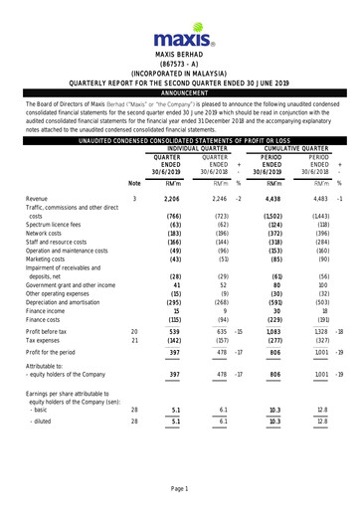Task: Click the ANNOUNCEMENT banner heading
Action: click(179, 90)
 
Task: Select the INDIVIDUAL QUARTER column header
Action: click(200, 149)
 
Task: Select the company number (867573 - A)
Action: click(179, 63)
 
